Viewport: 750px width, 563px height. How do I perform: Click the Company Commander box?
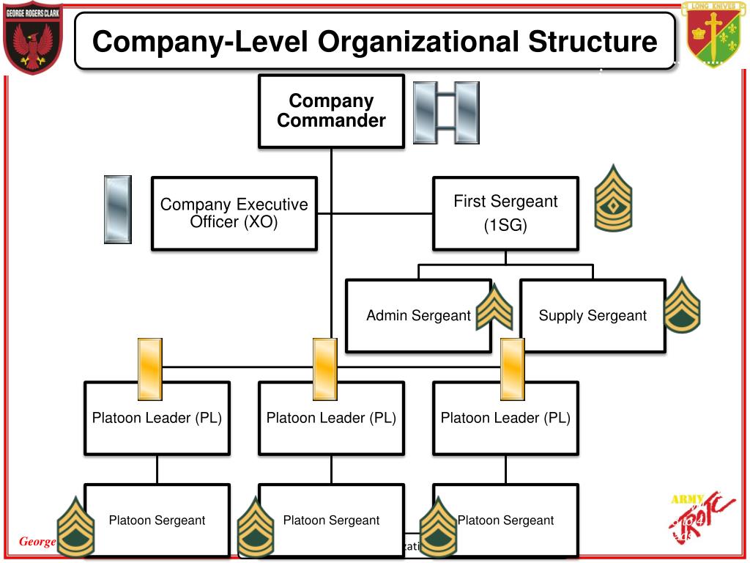331,111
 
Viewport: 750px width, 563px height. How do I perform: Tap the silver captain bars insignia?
445,112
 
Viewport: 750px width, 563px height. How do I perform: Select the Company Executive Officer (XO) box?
234,213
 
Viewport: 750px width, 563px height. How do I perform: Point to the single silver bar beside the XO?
118,209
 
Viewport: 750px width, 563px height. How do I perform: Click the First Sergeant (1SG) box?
505,213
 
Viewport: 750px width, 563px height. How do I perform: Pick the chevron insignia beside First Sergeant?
613,198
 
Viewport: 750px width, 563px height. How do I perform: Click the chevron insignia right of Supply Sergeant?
683,304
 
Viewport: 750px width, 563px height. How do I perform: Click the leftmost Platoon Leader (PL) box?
157,418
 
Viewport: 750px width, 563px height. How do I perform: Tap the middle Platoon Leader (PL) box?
331,418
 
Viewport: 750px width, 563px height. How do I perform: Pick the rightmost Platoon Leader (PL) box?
505,418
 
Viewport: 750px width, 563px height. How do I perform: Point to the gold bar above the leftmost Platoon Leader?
149,369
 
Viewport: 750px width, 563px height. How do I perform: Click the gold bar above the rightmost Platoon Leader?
512,369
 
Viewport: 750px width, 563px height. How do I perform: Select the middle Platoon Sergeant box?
331,520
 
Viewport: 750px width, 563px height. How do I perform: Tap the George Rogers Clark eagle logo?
33,38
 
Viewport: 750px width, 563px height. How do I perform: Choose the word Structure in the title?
593,42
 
